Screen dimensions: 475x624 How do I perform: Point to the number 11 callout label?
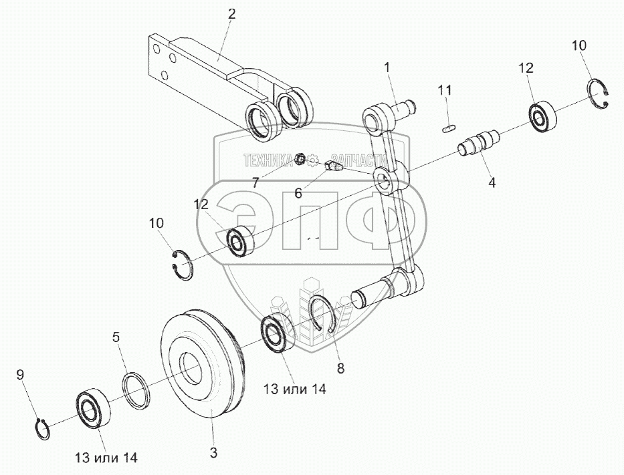(x=445, y=90)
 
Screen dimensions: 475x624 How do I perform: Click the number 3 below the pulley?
(x=213, y=453)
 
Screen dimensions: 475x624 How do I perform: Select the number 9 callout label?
(x=20, y=375)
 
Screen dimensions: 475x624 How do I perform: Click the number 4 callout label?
(x=492, y=181)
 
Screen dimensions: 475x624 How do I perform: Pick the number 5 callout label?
(x=116, y=338)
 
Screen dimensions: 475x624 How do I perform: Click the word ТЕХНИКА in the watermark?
(x=268, y=160)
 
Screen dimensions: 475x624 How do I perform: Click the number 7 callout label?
(x=256, y=182)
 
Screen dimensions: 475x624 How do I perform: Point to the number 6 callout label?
(x=298, y=193)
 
